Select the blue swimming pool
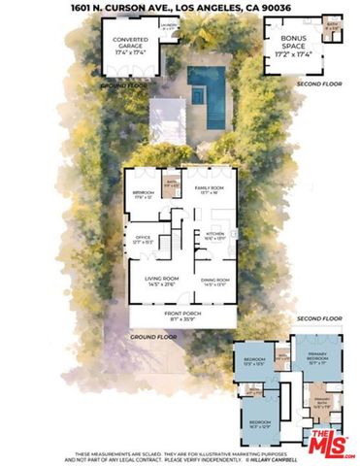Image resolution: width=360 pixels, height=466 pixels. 206,84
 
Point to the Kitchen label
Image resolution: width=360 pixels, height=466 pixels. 215,236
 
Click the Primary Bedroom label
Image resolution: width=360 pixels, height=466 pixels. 317,356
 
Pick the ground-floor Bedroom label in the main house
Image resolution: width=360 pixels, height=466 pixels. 143,194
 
